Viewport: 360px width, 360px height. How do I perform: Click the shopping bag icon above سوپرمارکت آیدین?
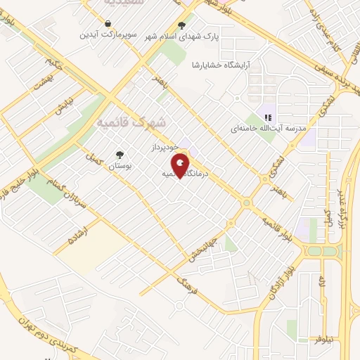coord(107,23)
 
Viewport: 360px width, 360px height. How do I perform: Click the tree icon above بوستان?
coord(120,155)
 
